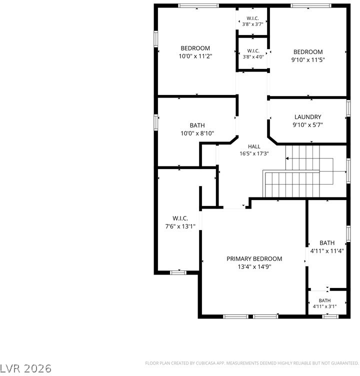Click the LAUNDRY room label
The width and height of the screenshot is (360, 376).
coord(307,117)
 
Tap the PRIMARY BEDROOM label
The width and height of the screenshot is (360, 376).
coord(254,258)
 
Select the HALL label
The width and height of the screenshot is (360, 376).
coord(254,146)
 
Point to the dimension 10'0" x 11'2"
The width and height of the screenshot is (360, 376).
coord(195,56)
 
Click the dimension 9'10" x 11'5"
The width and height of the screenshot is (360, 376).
coord(308,60)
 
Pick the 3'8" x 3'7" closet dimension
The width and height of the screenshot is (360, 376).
coord(253,24)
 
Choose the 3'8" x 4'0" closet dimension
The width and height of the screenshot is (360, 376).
coord(253,57)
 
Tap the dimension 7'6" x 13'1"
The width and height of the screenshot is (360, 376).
coord(180,226)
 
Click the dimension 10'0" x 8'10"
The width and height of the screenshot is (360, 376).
coord(197,133)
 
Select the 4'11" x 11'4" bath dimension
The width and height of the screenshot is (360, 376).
coord(327,251)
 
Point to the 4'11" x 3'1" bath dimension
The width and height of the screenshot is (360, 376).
coord(324,306)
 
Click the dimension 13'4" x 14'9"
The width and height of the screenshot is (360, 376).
coord(254,266)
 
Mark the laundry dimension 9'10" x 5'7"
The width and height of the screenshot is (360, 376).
coord(307,125)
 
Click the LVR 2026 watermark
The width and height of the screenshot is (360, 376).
coord(25,368)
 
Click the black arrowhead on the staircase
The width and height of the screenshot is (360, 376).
coord(287,158)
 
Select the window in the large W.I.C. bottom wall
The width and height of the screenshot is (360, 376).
coord(178,272)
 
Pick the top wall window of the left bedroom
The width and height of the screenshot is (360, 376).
coord(198,5)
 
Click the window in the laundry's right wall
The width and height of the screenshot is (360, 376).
coord(348,108)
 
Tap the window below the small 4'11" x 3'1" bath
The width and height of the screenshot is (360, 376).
coord(330,316)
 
